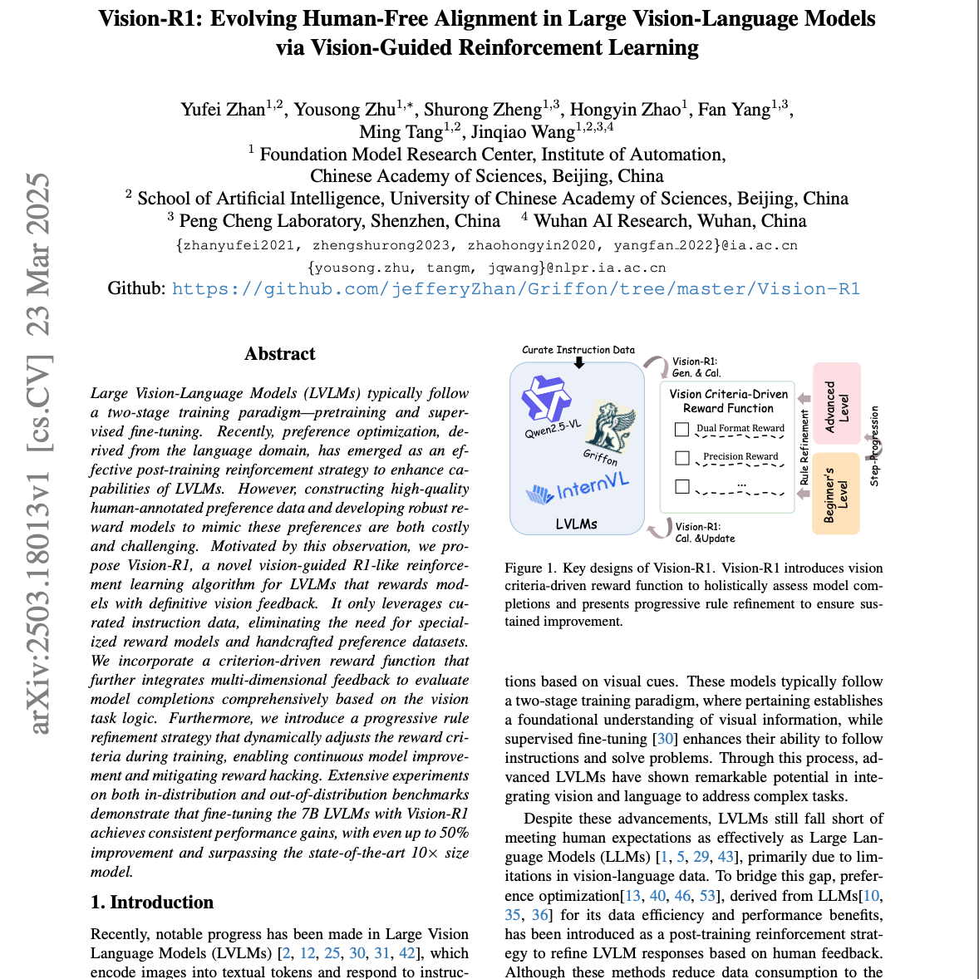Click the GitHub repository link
point(515,289)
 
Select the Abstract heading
point(279,354)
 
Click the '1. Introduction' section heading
point(152,903)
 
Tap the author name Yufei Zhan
point(223,110)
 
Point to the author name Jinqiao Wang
point(522,132)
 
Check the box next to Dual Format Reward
point(682,430)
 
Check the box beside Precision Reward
point(682,458)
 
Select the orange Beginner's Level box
point(835,494)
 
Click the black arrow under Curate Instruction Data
point(579,362)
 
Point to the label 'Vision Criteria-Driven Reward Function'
point(728,401)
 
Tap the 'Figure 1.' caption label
point(530,568)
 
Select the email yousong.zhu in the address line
point(362,268)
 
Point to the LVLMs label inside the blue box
point(576,524)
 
